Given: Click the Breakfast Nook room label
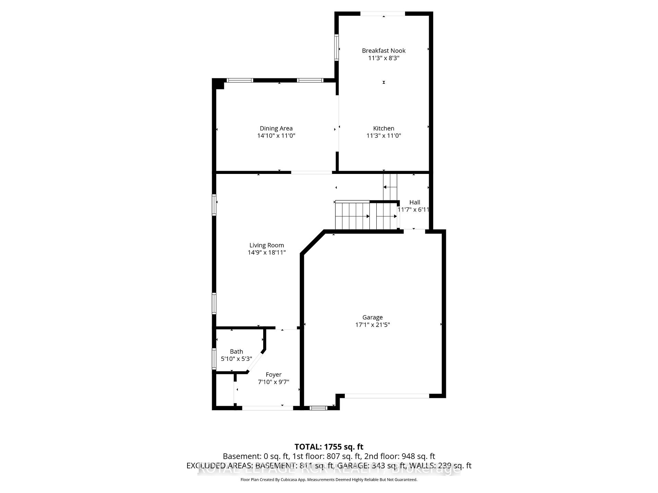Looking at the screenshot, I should [x=383, y=51].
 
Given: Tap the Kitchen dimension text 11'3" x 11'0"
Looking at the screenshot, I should [x=383, y=136].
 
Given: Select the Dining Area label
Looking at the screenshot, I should [x=276, y=128].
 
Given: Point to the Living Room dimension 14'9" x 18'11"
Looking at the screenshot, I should [x=267, y=253].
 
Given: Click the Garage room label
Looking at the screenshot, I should [x=373, y=317].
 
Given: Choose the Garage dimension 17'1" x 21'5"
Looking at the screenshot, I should [x=373, y=325].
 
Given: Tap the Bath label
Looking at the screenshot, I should [x=236, y=352].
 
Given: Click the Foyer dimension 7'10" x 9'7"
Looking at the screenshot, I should [x=273, y=382].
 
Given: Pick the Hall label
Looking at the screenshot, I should [x=415, y=202].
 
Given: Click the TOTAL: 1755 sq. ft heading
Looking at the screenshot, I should [x=329, y=447].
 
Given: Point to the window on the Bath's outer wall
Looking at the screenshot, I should [x=214, y=359].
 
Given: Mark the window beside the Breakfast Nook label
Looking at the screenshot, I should [x=337, y=48].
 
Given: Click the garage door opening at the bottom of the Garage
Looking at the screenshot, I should [x=387, y=396].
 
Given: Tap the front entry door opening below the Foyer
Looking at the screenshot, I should [x=268, y=408].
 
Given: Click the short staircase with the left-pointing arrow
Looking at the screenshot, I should [x=390, y=187].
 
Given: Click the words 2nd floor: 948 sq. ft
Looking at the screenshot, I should [x=400, y=456].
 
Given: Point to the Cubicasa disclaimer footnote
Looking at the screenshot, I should [x=329, y=480].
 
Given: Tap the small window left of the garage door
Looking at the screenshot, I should [x=318, y=408].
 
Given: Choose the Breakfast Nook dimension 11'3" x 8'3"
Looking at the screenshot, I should [x=383, y=58].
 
